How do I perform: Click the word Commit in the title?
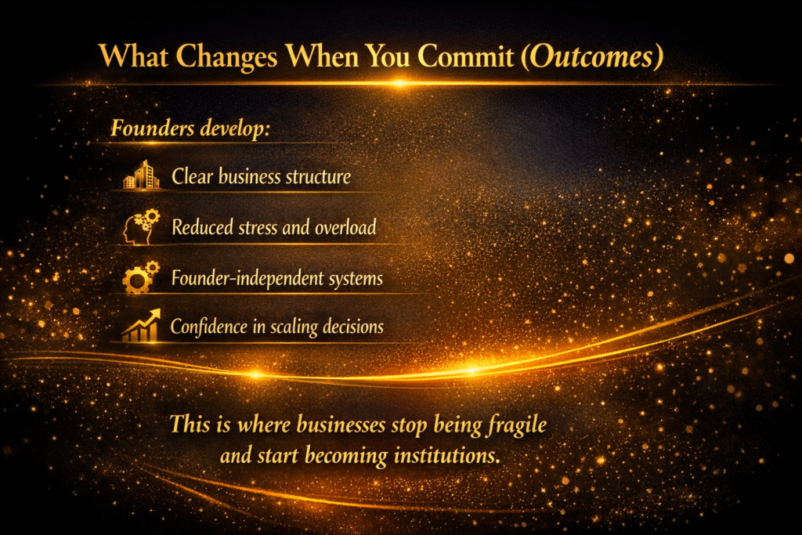(465, 56)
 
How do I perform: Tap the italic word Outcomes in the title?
(591, 56)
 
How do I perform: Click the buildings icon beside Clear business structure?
(142, 175)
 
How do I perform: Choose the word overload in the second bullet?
(345, 228)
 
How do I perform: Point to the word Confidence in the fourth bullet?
(208, 327)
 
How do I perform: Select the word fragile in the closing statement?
(517, 425)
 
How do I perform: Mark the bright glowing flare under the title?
(400, 83)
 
